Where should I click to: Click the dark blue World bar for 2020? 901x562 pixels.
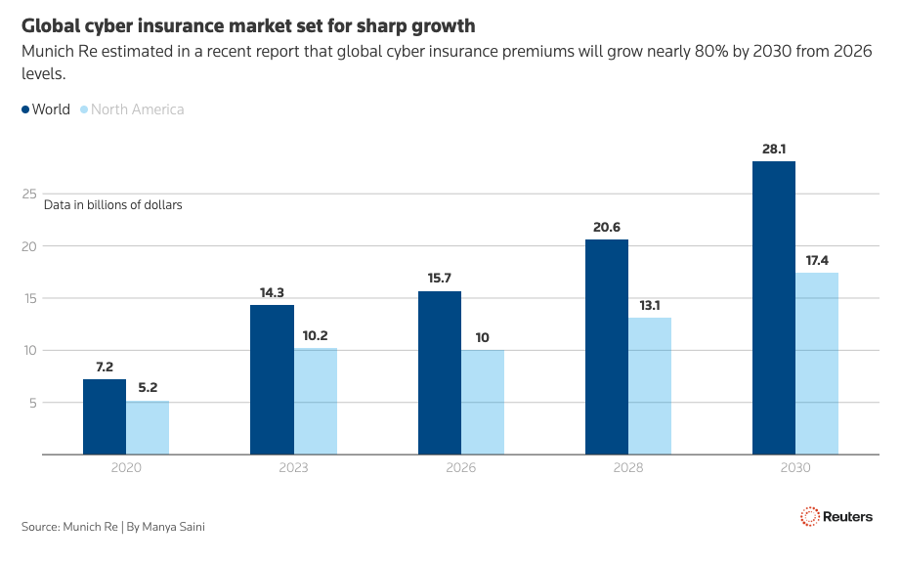105,416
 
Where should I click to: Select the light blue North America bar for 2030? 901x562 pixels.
817,364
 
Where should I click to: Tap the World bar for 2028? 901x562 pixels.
607,347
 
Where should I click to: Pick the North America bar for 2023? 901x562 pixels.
316,401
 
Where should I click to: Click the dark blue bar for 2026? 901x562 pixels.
440,373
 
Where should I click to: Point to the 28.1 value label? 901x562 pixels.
774,149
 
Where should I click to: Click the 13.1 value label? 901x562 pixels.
650,305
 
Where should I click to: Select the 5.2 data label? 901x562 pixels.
148,387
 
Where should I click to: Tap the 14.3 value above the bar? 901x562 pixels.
272,292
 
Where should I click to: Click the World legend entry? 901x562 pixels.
46,109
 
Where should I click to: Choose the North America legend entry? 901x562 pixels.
132,109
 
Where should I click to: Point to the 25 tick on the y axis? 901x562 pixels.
29,194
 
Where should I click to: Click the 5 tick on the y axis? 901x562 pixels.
33,403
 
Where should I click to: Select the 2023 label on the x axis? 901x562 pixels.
293,468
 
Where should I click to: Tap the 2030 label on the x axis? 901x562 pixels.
795,468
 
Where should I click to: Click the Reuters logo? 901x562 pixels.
837,517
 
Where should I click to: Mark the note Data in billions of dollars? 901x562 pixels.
113,205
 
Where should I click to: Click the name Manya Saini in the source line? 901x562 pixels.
174,527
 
